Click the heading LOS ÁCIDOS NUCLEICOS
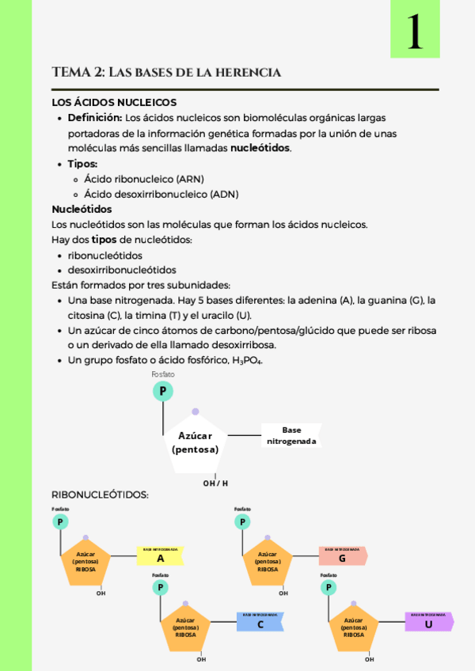pos(114,102)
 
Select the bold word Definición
pos(94,118)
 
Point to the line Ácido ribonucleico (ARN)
pos(144,179)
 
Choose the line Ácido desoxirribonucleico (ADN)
pos(161,194)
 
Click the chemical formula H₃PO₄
pos(246,361)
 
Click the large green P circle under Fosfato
pos(163,391)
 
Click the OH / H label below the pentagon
pos(215,483)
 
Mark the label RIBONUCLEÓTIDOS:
pos(100,495)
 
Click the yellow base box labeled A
pos(161,557)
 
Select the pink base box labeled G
pos(342,557)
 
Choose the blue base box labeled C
pos(260,624)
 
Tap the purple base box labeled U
pos(428,623)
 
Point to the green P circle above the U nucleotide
pos(328,587)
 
